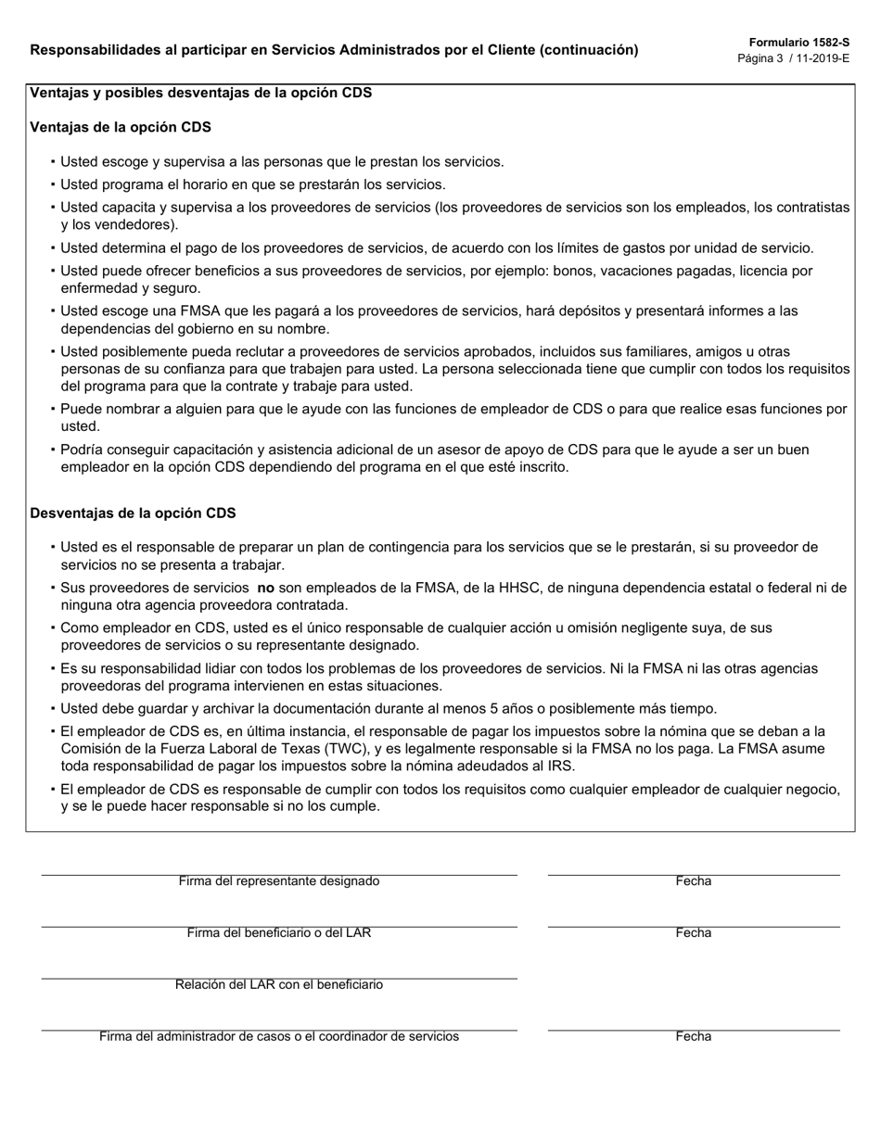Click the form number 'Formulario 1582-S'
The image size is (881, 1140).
pos(798,42)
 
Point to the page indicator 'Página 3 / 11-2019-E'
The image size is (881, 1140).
pos(793,57)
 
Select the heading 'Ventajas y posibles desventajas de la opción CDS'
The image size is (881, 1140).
pos(201,93)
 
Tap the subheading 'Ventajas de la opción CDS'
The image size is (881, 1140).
pos(121,127)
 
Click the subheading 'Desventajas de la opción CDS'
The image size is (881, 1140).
pos(133,513)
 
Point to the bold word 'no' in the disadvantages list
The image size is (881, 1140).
pos(266,588)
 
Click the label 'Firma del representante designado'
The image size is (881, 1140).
pos(279,881)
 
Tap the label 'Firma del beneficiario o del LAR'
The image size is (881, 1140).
pos(279,933)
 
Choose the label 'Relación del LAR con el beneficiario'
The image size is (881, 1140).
pos(279,985)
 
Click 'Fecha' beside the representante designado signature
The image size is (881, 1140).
pos(693,881)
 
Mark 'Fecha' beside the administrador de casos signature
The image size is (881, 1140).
pos(693,1037)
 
